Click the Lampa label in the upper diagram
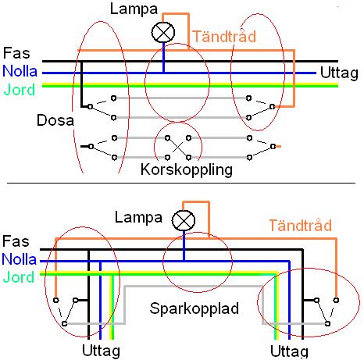click(x=130, y=11)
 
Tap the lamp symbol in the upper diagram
click(x=164, y=31)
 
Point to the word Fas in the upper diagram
click(x=16, y=53)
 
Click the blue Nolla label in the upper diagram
click(x=20, y=71)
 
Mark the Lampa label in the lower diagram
click(x=138, y=216)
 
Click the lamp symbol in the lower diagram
click(x=184, y=221)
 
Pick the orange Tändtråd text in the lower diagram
click(x=300, y=225)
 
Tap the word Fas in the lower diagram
click(x=16, y=242)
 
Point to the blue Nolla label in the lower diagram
click(x=20, y=259)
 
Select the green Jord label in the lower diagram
click(x=18, y=277)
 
